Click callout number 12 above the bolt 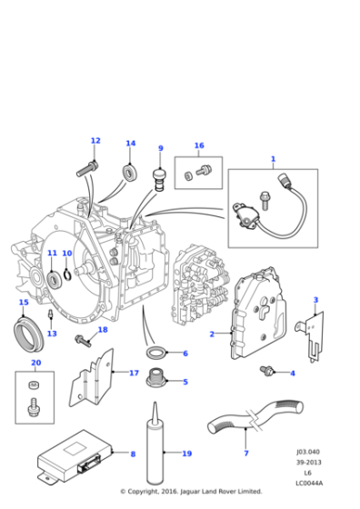click(95, 141)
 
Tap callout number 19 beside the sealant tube click(186, 454)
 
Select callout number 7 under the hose click(246, 453)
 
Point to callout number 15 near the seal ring click(24, 303)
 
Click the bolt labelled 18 click(83, 340)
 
